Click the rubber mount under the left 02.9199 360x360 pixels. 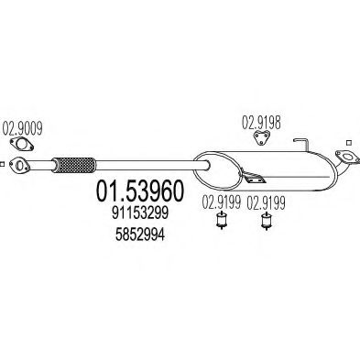pyautogui.click(x=220, y=224)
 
